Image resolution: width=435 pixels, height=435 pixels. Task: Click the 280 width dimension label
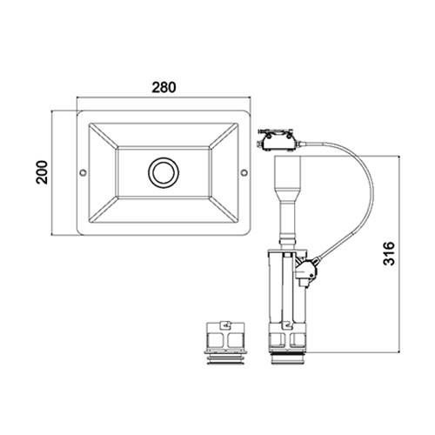coord(164,87)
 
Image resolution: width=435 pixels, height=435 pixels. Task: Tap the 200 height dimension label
coord(42,172)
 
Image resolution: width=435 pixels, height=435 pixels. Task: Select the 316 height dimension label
coord(389,253)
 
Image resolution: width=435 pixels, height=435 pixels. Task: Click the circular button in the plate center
coord(164,172)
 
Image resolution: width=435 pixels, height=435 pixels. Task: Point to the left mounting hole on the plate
coord(83,172)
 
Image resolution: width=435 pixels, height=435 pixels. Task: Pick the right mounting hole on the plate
coord(244,172)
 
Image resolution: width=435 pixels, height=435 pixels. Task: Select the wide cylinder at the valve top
coord(288,171)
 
